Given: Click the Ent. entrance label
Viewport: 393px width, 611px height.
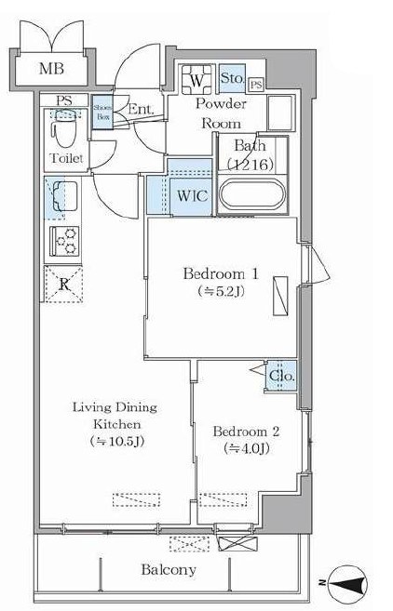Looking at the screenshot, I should click(x=142, y=109).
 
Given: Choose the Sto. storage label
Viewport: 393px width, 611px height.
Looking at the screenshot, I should click(x=233, y=80).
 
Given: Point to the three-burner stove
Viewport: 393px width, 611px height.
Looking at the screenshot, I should click(x=64, y=241).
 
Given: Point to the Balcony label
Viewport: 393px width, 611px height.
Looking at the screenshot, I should click(x=169, y=569).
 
